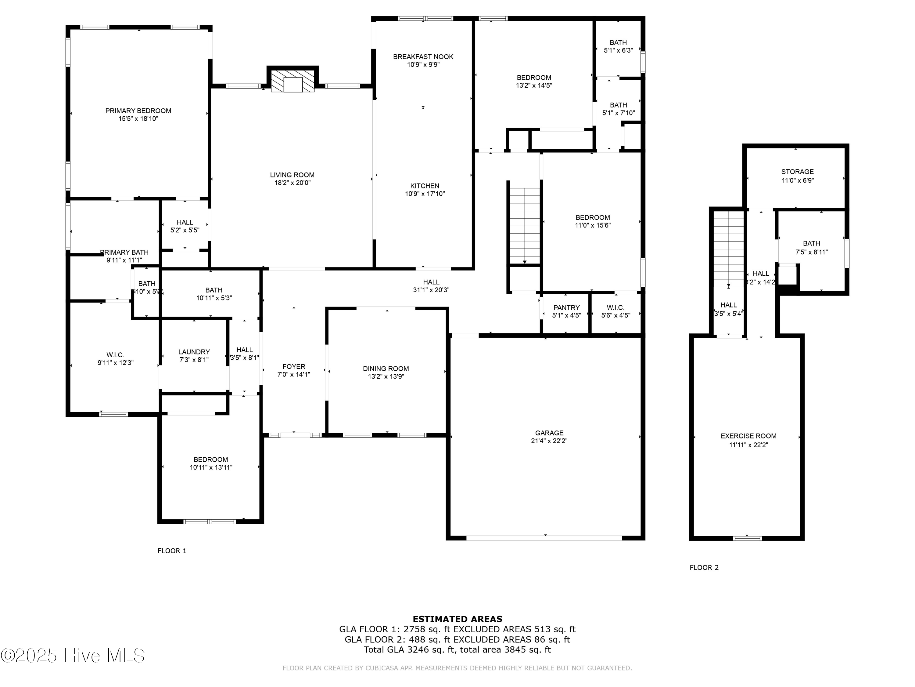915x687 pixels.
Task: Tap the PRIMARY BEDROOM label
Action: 138,111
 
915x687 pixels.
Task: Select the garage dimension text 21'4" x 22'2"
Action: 549,441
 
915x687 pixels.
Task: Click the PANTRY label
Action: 566,307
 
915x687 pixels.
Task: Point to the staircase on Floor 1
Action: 524,225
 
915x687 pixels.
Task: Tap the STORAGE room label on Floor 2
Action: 797,171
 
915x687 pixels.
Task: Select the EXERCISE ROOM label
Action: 748,436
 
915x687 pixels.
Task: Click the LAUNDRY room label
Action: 194,351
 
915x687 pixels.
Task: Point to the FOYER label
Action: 294,366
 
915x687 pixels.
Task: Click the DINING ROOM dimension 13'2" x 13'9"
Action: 386,376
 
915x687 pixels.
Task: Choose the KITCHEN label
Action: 425,186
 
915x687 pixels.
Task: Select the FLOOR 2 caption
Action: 704,567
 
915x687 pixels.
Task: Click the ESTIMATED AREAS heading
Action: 457,619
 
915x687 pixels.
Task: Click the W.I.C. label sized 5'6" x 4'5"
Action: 615,307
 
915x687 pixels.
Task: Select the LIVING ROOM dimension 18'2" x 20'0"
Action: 292,183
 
